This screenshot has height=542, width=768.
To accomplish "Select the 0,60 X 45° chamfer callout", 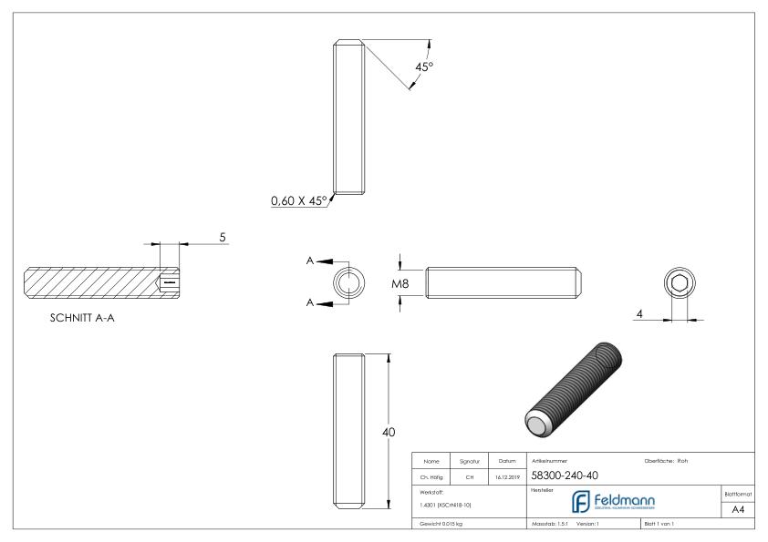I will coord(298,202).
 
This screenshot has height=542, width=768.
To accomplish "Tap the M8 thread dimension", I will coord(400,283).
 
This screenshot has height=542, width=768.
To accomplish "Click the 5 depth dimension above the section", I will coord(223,237).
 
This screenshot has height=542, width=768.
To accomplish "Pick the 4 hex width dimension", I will coord(641,313).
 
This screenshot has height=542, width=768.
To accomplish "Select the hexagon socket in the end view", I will coord(679,283).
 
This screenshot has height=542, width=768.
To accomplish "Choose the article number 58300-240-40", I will coord(564,476).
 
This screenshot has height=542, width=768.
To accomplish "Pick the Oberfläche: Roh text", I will coord(666,460).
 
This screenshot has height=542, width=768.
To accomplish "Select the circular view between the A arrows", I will coord(348,282).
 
